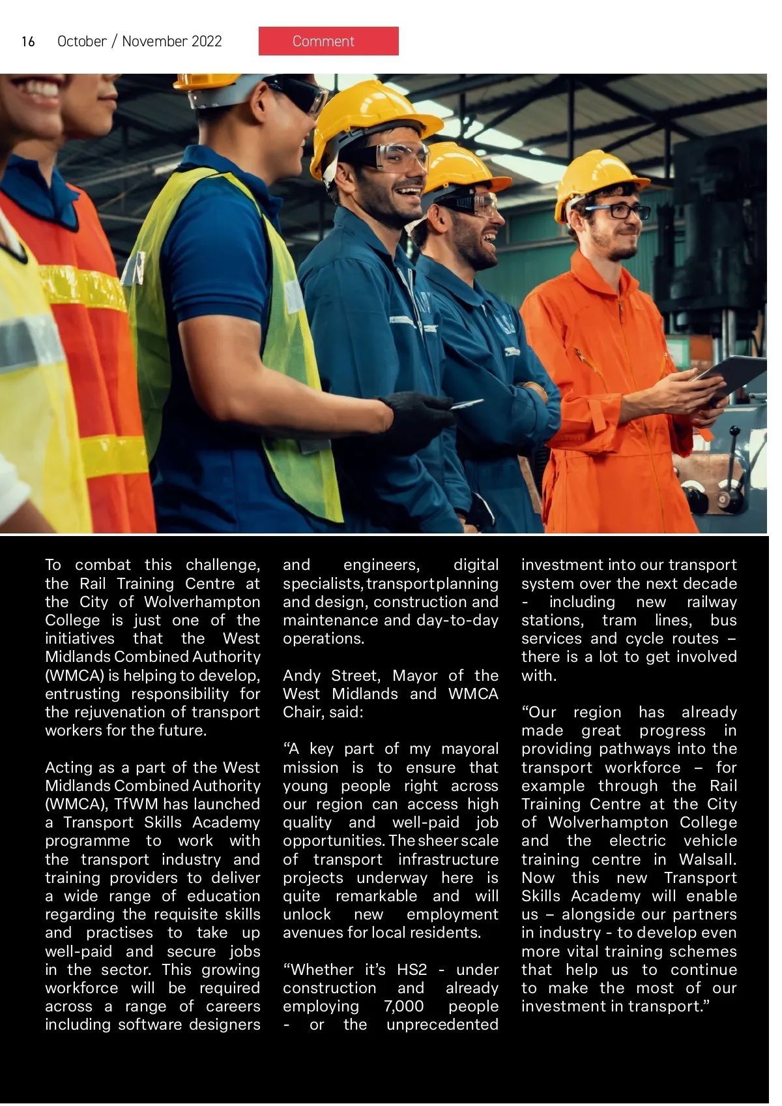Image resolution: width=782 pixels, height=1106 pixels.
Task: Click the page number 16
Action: coord(28,42)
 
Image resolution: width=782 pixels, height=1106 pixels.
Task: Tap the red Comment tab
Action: coord(328,41)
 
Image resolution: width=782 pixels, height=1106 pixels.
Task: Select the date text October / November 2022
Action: coord(139,41)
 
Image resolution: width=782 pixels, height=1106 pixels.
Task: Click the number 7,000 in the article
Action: coord(403,1006)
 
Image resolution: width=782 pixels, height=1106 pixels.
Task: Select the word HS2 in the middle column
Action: coord(412,970)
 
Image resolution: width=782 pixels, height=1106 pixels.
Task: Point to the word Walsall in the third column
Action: coord(707,859)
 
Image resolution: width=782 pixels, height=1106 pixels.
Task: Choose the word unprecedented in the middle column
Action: coord(442,1024)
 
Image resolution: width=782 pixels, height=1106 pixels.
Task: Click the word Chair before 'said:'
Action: coord(302,712)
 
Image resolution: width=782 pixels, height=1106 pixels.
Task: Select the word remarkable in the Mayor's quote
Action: coord(376,896)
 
